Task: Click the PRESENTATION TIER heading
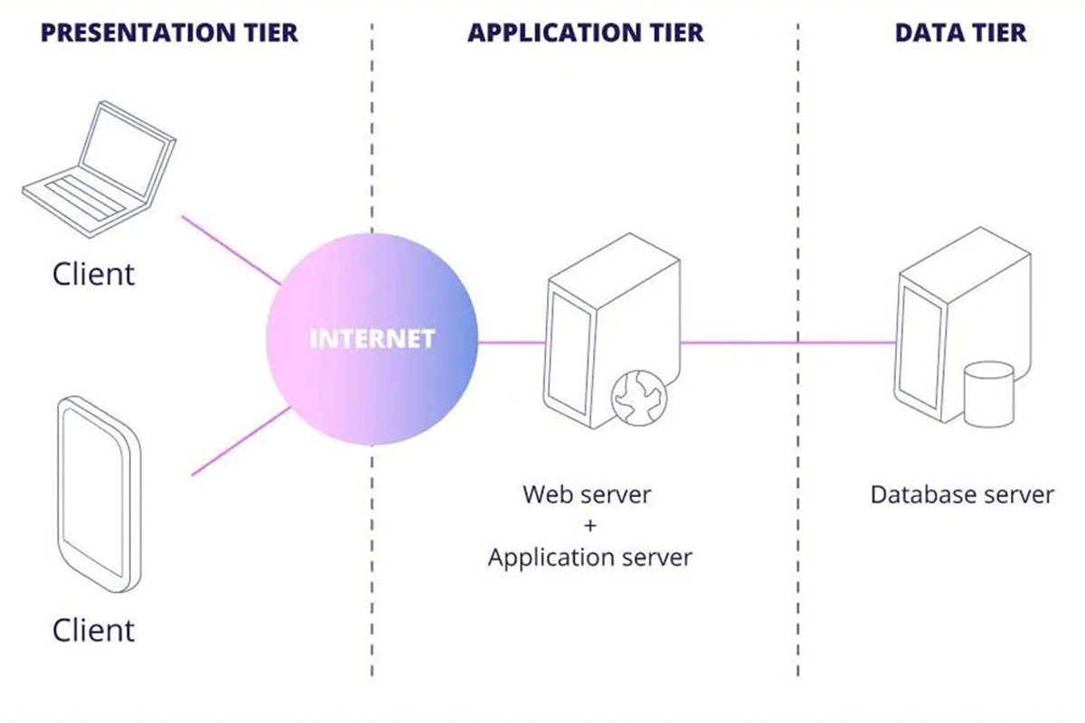pos(169,33)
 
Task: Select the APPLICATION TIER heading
pos(585,33)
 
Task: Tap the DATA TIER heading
pos(960,33)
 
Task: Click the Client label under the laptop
pos(93,274)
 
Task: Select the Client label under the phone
pos(93,630)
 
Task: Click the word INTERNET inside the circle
pos(373,340)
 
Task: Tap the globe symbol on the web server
pos(639,398)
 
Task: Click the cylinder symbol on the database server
pos(988,394)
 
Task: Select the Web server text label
pos(587,494)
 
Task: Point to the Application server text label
pos(590,557)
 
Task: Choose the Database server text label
pos(962,494)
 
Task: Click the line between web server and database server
pos(787,343)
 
